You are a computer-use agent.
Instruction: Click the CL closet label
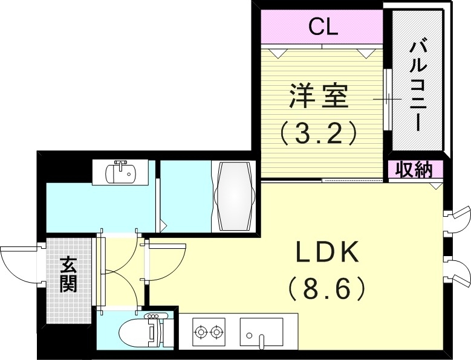[323, 27]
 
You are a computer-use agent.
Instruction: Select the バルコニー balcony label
[418, 85]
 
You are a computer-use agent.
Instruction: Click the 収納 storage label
[414, 170]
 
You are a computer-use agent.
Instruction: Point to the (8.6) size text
[327, 289]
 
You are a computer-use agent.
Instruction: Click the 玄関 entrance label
[68, 275]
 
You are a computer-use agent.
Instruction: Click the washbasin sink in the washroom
[122, 173]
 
